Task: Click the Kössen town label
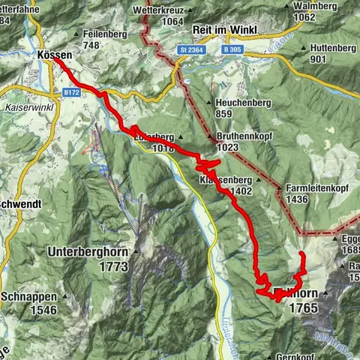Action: coord(54,55)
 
